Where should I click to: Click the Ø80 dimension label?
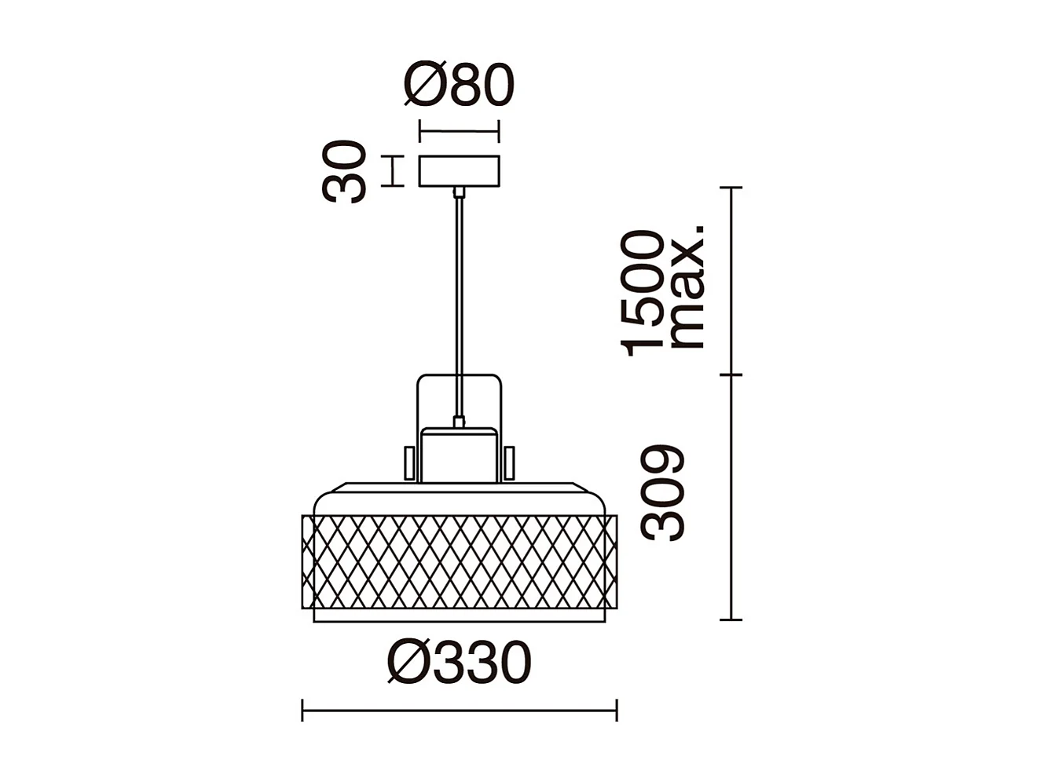pyautogui.click(x=459, y=85)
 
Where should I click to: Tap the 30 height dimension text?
pyautogui.click(x=344, y=171)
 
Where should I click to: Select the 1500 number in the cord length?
pyautogui.click(x=643, y=292)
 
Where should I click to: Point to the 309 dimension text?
pyautogui.click(x=663, y=493)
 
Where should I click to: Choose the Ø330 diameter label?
pyautogui.click(x=460, y=663)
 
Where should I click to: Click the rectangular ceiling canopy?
pyautogui.click(x=459, y=172)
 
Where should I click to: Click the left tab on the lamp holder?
pyautogui.click(x=409, y=462)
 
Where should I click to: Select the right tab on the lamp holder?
pyautogui.click(x=509, y=462)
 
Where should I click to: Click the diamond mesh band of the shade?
pyautogui.click(x=460, y=561)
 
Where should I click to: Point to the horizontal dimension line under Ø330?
pyautogui.click(x=460, y=711)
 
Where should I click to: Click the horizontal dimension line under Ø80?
pyautogui.click(x=459, y=131)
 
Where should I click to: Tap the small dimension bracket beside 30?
pyautogui.click(x=393, y=171)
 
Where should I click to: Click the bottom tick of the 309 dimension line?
pyautogui.click(x=731, y=619)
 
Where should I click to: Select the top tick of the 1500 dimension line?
pyautogui.click(x=731, y=188)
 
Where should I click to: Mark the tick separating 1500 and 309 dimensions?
pyautogui.click(x=731, y=375)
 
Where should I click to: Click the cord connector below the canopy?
pyautogui.click(x=459, y=192)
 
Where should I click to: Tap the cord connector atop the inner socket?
pyautogui.click(x=459, y=422)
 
